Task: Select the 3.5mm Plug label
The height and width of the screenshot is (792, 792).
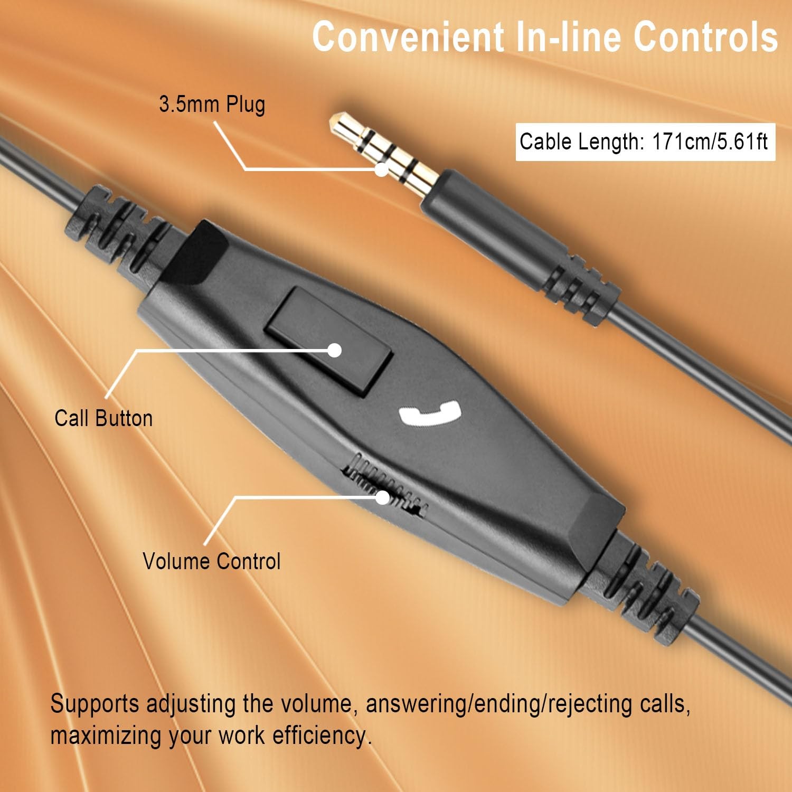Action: coord(212,104)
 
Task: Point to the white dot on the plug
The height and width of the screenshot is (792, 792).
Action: coord(381,169)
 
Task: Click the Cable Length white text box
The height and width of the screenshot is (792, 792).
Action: coord(645,142)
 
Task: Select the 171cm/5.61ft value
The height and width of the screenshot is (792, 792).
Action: coord(709,142)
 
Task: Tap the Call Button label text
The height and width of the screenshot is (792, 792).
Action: coord(103,418)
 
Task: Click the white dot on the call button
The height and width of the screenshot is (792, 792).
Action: coord(334,350)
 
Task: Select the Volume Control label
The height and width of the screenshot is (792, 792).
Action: coord(211,561)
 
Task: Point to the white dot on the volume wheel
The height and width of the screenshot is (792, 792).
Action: coord(382,497)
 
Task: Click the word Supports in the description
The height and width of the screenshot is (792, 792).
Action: coord(95,704)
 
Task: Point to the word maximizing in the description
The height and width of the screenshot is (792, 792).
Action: coord(107,736)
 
